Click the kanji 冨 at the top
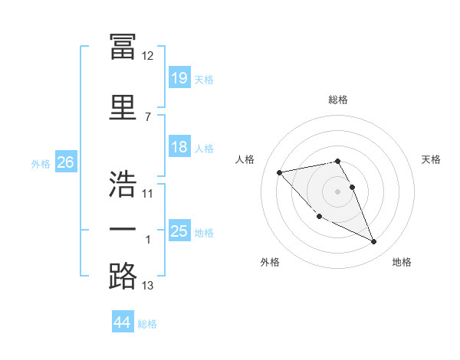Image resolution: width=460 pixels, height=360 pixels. [123, 46]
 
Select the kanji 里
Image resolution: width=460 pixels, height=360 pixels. [123, 107]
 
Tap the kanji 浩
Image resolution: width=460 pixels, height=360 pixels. [123, 184]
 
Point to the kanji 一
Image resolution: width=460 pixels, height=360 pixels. [123, 229]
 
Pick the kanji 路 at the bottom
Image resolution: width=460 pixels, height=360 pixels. [123, 276]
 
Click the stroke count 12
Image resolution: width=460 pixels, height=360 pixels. [147, 56]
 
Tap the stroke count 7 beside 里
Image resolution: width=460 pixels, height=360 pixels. [148, 117]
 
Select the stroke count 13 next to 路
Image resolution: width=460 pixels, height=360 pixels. [147, 285]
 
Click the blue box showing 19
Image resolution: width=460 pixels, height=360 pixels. [179, 77]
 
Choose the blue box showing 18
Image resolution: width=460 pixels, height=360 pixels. [179, 146]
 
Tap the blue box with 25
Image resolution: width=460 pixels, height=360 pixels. [179, 230]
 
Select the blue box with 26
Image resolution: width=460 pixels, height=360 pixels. [66, 162]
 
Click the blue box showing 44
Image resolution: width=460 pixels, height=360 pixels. [123, 321]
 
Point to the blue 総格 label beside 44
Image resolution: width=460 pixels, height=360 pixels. [147, 324]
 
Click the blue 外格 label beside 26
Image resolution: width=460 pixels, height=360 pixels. [41, 164]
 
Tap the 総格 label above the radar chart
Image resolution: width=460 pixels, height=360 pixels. [338, 100]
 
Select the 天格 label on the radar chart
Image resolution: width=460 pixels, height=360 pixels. [431, 159]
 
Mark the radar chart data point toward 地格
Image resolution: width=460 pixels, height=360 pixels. [374, 241]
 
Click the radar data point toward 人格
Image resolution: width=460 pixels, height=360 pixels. [280, 172]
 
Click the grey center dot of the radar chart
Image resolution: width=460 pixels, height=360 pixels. [337, 191]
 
